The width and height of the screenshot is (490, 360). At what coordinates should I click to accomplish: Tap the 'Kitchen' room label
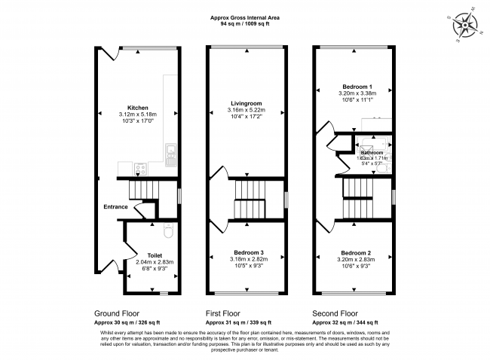(x=137, y=108)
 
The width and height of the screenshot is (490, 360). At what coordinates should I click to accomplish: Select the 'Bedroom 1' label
(x=353, y=87)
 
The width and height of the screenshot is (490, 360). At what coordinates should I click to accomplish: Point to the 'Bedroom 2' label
(x=353, y=252)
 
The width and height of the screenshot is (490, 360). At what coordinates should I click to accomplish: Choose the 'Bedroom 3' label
(x=247, y=252)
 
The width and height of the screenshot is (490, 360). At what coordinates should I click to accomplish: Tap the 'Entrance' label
(x=115, y=206)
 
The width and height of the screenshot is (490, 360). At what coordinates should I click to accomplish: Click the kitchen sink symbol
(x=170, y=156)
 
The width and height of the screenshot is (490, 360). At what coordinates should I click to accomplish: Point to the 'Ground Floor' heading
(x=116, y=313)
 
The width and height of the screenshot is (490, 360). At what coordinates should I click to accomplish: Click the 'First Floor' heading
(x=225, y=313)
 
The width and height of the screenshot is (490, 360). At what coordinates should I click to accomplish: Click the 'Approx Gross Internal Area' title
(x=245, y=17)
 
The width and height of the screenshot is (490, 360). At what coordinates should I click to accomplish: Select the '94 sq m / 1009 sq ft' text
(x=245, y=24)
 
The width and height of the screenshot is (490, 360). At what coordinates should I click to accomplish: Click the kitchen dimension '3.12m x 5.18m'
(x=137, y=114)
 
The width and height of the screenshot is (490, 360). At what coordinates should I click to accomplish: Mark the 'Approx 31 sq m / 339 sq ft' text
(x=243, y=321)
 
